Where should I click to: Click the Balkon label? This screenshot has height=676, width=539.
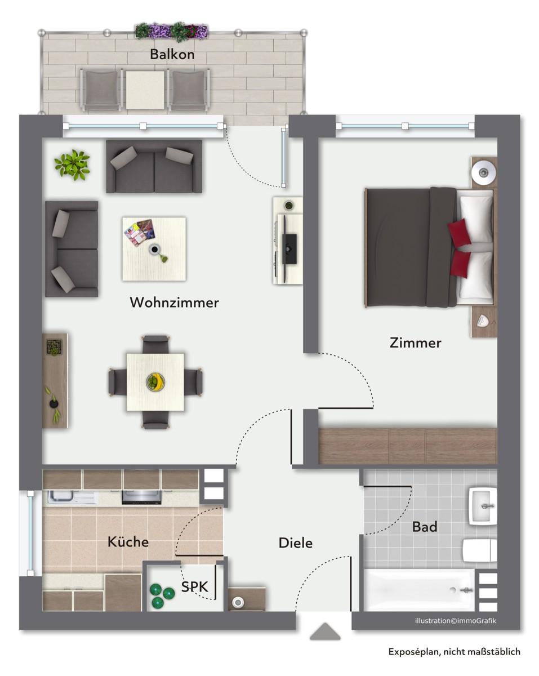[x=172, y=55]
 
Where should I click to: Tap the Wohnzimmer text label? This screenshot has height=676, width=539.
[x=174, y=303]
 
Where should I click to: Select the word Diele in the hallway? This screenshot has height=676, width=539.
[x=296, y=543]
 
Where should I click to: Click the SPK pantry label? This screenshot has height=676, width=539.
[x=194, y=587]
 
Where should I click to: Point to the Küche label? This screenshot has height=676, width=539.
[x=128, y=542]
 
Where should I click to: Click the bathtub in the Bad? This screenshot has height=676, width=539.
[x=419, y=590]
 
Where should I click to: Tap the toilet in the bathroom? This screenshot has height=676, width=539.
[x=479, y=550]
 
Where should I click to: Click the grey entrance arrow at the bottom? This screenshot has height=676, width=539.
[x=325, y=631]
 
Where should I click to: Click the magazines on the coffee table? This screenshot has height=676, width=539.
[x=139, y=232]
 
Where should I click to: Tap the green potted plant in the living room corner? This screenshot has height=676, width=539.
[x=72, y=163]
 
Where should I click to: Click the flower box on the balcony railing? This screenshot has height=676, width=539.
[x=172, y=30]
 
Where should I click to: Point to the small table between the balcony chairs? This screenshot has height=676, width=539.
[x=145, y=90]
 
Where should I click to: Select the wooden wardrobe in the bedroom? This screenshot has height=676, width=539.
[x=407, y=446]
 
